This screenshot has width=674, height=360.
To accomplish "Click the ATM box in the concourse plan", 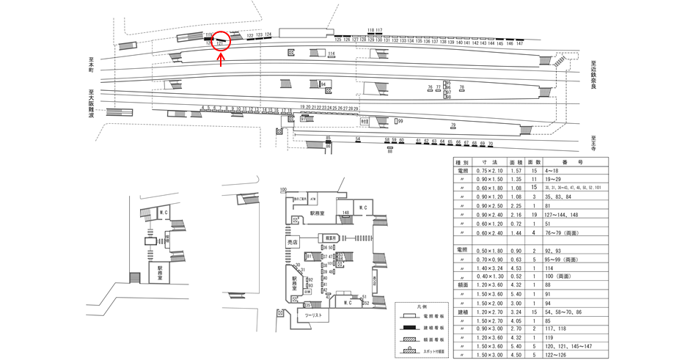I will click(312, 199).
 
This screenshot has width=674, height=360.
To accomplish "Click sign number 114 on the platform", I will click(331, 54).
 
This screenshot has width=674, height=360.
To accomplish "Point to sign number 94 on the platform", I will click(322, 84).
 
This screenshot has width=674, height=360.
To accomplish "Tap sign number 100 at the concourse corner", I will click(282, 190).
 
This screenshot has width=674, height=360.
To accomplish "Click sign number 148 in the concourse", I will click(345, 213).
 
